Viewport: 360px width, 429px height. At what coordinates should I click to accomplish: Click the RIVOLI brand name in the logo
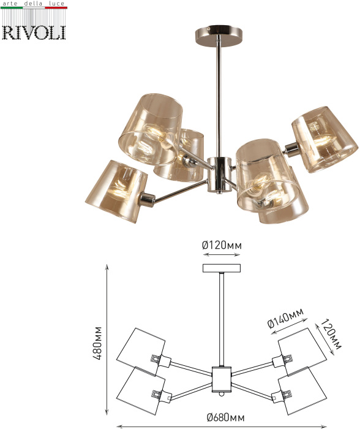point(34,33)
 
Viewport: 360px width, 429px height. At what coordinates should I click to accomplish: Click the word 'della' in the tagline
point(33,4)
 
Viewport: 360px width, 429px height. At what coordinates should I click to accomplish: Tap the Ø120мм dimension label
point(222,245)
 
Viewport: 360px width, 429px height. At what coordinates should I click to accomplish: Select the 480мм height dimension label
point(97,343)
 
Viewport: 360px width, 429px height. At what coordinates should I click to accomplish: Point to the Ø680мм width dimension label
point(225,417)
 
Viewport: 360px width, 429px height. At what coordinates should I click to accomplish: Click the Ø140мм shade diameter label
point(286,318)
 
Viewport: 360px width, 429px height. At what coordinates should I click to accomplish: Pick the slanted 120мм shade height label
point(331,335)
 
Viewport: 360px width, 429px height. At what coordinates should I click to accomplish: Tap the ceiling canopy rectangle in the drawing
point(222,268)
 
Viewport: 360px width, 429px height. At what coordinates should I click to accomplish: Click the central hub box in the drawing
point(222,379)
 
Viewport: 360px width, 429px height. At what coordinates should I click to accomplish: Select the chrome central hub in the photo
point(218,175)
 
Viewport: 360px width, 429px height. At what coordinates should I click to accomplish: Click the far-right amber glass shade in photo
point(324,140)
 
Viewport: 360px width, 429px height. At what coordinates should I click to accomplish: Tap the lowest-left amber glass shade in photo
point(116,191)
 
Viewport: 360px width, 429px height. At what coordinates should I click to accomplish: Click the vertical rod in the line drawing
point(222,319)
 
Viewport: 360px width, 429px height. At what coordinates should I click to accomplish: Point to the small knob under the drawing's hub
point(222,394)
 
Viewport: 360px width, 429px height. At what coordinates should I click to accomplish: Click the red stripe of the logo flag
point(56,7)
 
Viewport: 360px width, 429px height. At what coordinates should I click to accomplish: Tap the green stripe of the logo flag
point(12,7)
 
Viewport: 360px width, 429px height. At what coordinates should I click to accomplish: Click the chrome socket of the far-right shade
point(291,150)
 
